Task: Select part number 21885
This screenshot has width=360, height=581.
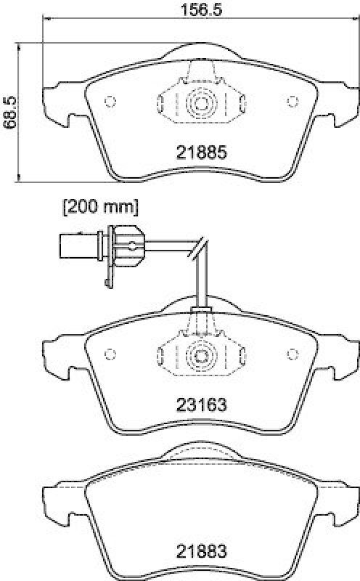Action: [202, 153]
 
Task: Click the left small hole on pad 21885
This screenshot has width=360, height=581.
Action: [110, 102]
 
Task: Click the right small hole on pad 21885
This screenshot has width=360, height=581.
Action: [292, 102]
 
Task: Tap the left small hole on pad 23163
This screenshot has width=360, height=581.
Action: [110, 354]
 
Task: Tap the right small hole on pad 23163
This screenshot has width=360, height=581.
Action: [292, 354]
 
